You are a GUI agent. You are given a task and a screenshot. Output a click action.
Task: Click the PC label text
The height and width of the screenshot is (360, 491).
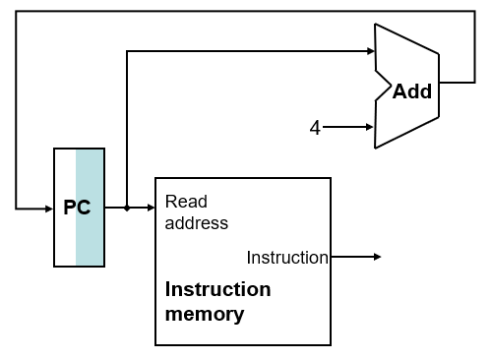(x=77, y=208)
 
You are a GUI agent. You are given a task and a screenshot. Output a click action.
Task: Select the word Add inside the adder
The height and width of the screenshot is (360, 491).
(x=411, y=91)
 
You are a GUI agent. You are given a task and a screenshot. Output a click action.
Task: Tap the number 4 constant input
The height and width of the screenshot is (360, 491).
(x=315, y=127)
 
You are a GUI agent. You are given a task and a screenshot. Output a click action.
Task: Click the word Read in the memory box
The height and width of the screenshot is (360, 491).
(x=186, y=202)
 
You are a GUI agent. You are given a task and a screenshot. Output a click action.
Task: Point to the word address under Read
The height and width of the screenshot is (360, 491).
(x=196, y=223)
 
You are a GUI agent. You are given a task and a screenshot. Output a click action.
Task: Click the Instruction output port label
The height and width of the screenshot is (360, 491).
(x=286, y=258)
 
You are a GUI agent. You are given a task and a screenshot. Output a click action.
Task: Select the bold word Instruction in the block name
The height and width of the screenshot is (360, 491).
(x=217, y=289)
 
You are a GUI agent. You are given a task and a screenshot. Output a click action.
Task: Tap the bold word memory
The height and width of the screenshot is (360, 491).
(x=205, y=315)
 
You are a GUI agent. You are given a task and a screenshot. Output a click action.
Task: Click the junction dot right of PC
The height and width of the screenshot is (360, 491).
(x=127, y=208)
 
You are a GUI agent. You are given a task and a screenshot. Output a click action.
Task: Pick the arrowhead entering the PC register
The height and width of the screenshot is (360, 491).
(x=48, y=208)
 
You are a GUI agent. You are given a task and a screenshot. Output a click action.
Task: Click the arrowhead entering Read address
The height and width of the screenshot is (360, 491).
(x=150, y=208)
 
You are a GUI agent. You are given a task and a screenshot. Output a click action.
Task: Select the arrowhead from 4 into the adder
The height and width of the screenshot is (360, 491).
(x=369, y=127)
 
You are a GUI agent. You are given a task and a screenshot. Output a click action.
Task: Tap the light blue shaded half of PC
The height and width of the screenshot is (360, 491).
(x=91, y=236)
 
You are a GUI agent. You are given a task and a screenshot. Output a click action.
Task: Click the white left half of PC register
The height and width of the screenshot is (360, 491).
(x=65, y=236)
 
